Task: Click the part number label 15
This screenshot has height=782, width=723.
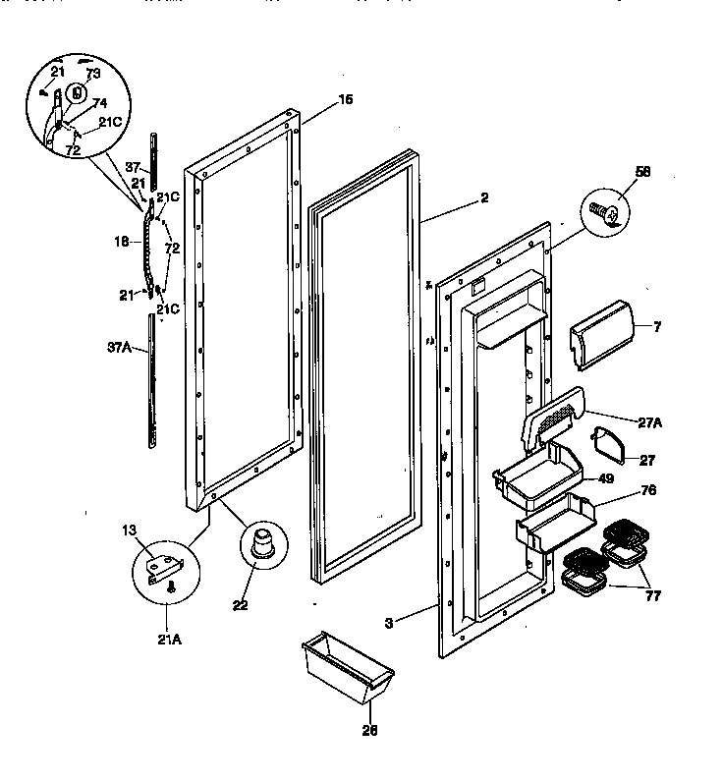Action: point(317,100)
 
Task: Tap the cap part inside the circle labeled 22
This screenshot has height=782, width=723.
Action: point(260,542)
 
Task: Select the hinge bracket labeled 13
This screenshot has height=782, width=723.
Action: point(160,568)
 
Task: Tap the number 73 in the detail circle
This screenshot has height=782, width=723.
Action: point(92,74)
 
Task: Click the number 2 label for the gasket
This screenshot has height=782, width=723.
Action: point(483,197)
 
